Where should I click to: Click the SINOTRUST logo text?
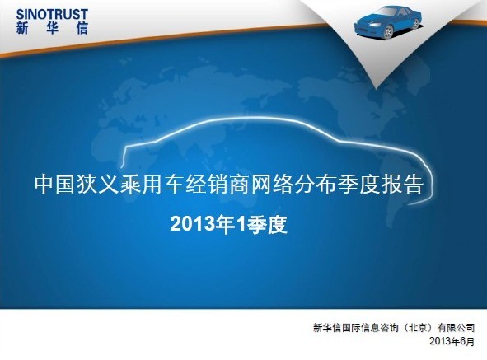point(52,14)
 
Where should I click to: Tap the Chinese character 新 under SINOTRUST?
point(22,28)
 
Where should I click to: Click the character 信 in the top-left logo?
point(82,28)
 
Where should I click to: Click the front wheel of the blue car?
point(388,31)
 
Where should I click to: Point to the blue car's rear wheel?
point(416,23)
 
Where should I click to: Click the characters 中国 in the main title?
point(55,185)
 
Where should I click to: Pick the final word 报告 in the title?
point(402,185)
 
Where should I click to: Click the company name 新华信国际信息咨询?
point(355,328)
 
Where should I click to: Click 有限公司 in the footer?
point(456,328)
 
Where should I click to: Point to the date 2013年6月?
point(452,341)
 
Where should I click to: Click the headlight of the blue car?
point(374,25)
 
